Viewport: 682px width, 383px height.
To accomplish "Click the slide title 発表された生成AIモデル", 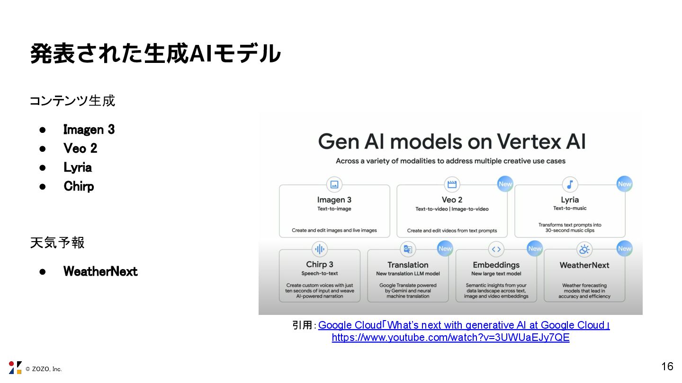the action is [155, 53].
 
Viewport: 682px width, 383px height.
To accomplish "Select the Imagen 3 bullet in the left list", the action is [89, 130].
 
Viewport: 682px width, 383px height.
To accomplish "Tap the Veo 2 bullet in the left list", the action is [81, 148].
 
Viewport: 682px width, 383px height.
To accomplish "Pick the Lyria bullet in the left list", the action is [78, 167].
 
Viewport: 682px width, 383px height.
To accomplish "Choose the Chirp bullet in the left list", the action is [79, 186].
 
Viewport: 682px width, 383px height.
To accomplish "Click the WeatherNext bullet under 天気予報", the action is [100, 271].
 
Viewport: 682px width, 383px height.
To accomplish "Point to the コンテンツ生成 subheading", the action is [72, 101].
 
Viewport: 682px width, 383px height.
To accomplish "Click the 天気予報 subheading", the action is [57, 243].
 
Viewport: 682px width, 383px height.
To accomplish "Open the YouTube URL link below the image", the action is [450, 338].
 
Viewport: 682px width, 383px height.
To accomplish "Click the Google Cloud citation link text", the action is [464, 325].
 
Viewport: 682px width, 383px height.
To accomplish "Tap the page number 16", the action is [667, 366].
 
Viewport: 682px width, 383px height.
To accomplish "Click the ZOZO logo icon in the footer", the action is [15, 368].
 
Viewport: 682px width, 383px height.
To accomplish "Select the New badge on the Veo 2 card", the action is [505, 184].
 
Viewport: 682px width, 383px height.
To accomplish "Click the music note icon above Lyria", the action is [570, 184].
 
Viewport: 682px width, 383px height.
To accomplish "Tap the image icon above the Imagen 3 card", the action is [334, 184].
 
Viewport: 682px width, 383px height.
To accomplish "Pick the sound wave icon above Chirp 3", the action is [320, 249].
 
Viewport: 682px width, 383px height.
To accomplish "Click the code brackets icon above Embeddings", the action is [496, 249].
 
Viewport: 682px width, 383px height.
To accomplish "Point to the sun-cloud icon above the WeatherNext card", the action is [584, 249].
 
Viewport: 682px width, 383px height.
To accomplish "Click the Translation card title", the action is [408, 265].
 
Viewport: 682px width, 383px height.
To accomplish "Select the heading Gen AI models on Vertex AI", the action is [452, 141].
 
